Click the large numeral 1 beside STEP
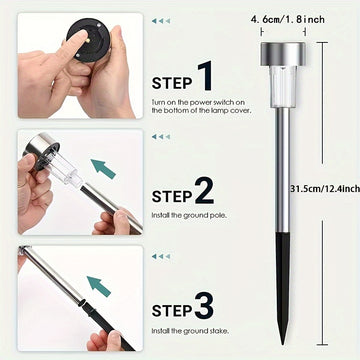205,76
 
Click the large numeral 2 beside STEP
204,190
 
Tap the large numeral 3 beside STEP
204,305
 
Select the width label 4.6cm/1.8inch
288,20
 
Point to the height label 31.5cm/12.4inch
325,189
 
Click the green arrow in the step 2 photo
103,169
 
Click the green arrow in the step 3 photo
99,286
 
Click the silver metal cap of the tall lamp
283,54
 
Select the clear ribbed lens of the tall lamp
283,86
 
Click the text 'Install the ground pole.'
189,215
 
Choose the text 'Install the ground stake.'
190,331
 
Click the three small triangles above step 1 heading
161,21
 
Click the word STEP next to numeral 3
172,311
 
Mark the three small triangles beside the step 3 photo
161,256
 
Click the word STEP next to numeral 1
172,83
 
